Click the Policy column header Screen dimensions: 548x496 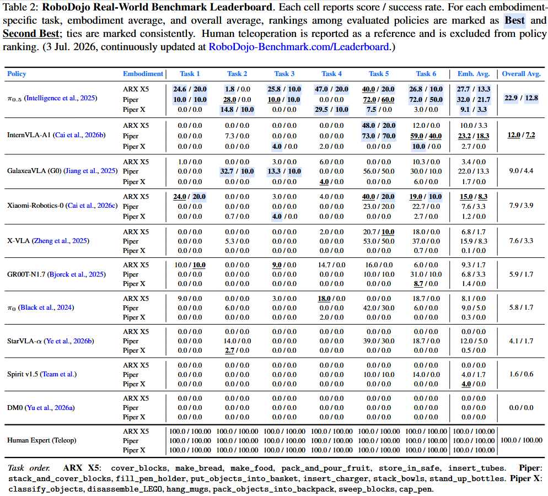17,74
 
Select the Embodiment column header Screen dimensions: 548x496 143,74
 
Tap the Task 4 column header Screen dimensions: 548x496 332,74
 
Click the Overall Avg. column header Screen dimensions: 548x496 521,74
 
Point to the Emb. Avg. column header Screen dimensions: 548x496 474,74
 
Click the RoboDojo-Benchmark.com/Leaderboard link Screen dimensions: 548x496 299,47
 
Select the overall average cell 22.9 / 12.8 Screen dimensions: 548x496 521,98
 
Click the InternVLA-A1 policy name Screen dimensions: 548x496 29,135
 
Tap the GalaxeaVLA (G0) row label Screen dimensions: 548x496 34,171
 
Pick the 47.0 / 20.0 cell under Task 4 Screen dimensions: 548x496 331,89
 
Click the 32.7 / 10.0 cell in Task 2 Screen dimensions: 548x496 237,171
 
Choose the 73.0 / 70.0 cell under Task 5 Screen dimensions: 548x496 379,136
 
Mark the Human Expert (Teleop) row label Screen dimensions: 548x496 41,440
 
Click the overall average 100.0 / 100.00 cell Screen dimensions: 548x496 522,440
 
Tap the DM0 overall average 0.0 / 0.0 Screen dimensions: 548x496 521,408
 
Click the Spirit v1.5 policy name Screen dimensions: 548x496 23,374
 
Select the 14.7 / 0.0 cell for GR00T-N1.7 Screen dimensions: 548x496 331,265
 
